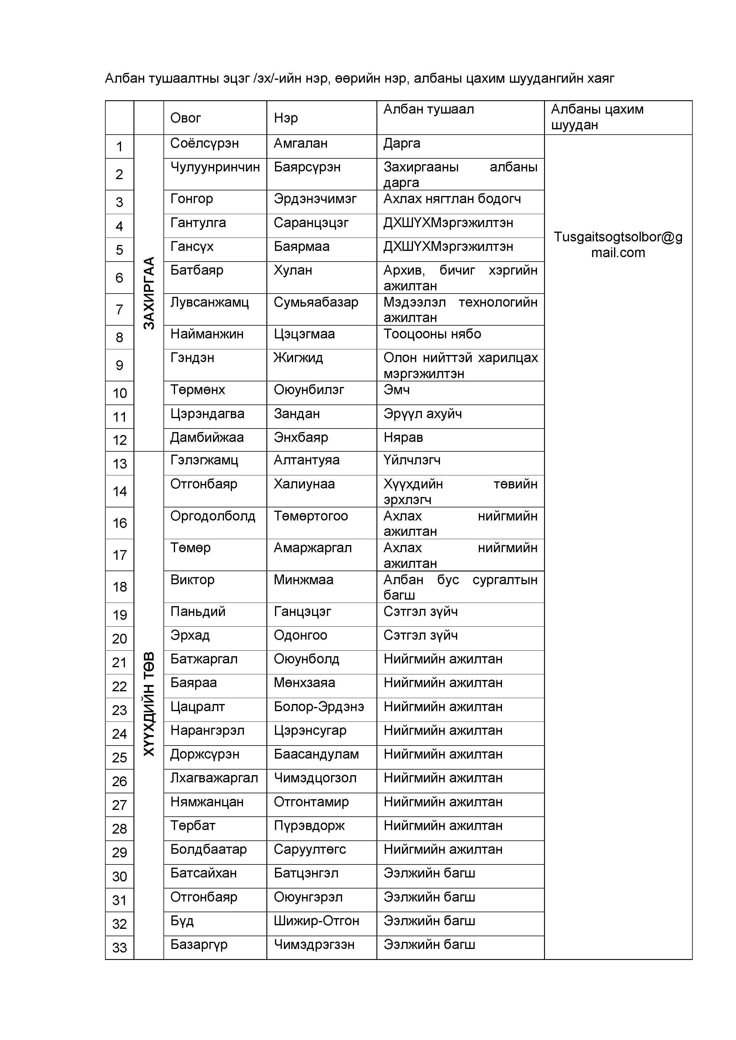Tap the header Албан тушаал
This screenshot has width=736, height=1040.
[428, 109]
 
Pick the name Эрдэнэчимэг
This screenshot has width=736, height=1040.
[315, 199]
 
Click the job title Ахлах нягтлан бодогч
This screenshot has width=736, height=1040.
[452, 199]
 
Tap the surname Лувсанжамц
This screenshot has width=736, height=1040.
[209, 302]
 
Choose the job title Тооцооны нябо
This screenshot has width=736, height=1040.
[432, 334]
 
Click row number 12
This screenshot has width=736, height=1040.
[120, 440]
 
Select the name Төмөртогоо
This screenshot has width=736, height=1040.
[310, 516]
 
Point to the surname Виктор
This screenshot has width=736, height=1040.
[192, 580]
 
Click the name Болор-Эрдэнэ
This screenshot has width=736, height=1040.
[319, 707]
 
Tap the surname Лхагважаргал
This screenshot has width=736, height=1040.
[214, 778]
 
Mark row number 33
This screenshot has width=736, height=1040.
[120, 947]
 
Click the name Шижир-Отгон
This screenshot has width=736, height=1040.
[316, 920]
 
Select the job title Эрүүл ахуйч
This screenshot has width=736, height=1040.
[422, 414]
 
